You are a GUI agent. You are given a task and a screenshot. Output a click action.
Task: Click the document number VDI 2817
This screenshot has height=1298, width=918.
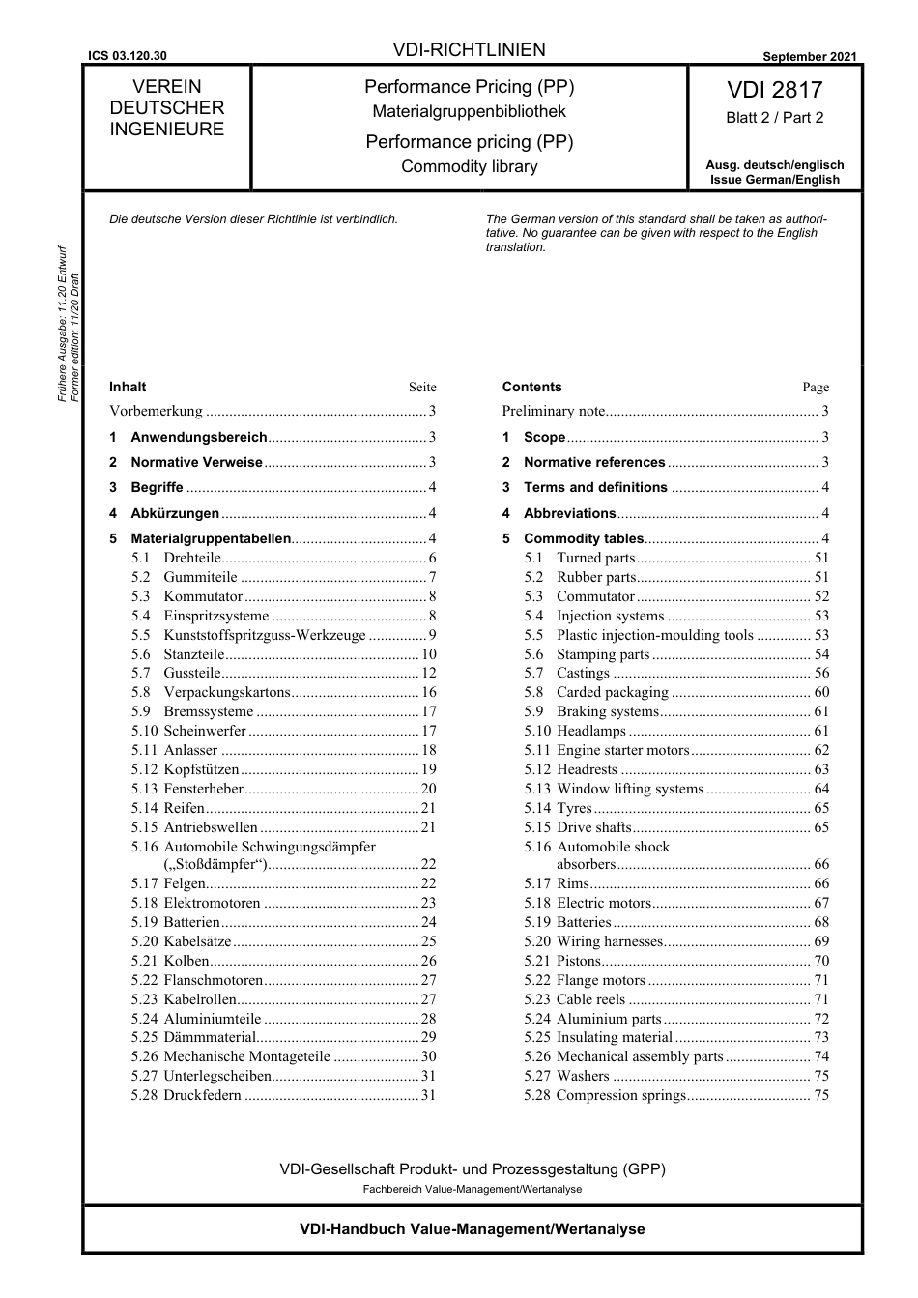[774, 90]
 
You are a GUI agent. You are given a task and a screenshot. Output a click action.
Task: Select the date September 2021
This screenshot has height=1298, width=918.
[809, 57]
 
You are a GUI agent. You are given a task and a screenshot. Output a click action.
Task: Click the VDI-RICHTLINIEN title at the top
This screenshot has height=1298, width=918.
[470, 50]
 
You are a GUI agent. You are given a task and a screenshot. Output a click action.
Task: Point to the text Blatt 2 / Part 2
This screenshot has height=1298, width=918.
[774, 118]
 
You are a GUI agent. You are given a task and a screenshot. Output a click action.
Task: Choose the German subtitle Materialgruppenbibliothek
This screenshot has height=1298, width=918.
[470, 112]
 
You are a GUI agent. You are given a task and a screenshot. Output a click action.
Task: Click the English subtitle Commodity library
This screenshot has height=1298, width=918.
[470, 166]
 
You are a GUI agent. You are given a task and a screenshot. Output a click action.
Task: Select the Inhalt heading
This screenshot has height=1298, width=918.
[128, 387]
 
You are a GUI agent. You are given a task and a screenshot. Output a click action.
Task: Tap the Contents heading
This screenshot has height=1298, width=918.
[531, 387]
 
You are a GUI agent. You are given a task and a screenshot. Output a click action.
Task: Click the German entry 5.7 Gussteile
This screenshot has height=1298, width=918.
[192, 674]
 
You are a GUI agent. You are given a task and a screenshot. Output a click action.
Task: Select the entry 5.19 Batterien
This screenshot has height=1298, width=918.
[191, 922]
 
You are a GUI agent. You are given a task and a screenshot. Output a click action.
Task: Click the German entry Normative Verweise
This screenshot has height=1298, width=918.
[196, 463]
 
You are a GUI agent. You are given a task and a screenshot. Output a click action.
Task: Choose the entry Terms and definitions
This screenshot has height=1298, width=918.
[595, 488]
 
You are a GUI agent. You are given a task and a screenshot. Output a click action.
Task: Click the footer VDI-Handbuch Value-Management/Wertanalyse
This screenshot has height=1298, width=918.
[472, 1229]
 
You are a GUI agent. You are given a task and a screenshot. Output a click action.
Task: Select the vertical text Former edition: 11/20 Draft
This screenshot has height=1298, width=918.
[75, 337]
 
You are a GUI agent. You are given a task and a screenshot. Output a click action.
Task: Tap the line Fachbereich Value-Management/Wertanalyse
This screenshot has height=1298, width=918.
[472, 1189]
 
